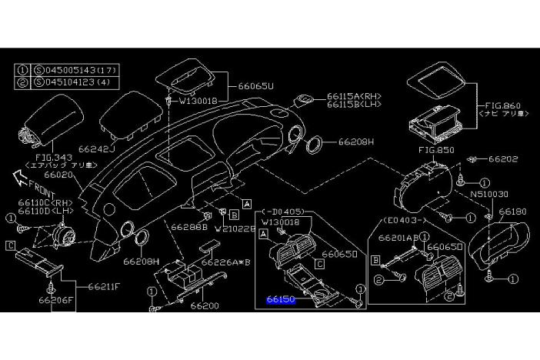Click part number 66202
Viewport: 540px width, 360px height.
click(504, 159)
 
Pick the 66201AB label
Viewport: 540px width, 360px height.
click(397, 238)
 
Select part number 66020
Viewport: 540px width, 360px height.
click(59, 175)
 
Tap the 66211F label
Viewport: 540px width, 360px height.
click(102, 287)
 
